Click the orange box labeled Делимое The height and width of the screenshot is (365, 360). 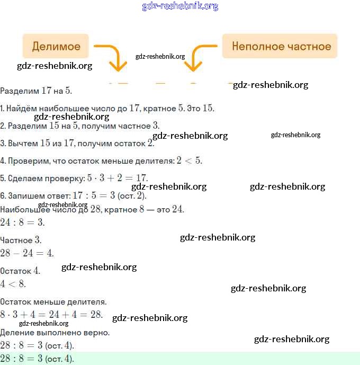(x=56, y=46)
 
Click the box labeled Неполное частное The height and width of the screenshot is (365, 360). (x=280, y=46)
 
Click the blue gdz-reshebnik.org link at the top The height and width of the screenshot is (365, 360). (x=180, y=6)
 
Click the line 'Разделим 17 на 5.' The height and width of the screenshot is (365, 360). (x=36, y=91)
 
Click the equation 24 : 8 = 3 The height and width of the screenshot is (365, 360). (x=22, y=222)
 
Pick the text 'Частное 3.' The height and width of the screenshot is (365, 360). (x=21, y=240)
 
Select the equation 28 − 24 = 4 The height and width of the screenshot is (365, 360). (x=26, y=253)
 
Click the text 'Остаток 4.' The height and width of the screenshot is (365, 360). (x=20, y=271)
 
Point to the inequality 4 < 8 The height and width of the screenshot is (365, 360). (x=13, y=283)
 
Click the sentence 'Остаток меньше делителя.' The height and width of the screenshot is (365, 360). (x=53, y=301)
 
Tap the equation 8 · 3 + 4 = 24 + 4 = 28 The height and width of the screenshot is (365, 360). (x=51, y=314)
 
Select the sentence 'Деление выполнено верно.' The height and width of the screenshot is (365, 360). (x=55, y=333)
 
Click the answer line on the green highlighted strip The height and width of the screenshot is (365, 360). (x=37, y=359)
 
